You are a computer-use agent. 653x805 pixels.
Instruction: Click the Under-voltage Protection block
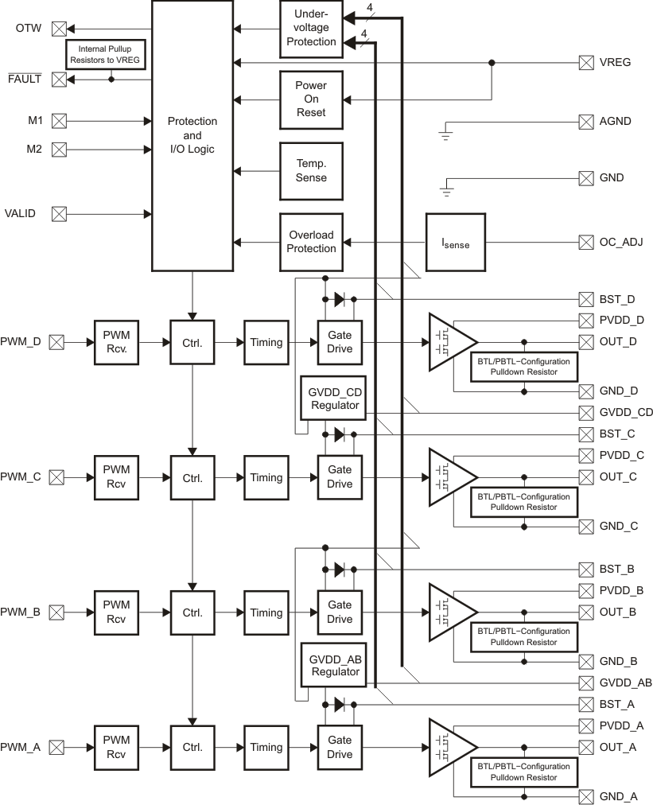(x=311, y=29)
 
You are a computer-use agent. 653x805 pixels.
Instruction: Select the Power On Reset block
(x=311, y=99)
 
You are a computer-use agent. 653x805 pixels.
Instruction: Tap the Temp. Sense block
(x=311, y=171)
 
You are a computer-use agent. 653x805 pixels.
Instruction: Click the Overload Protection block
(x=311, y=242)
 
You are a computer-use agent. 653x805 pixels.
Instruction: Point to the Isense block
(x=456, y=242)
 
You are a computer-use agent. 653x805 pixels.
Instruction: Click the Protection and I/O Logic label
(x=192, y=135)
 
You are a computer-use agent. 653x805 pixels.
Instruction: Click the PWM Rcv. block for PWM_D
(x=116, y=342)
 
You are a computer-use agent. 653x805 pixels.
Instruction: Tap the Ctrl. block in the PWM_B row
(x=192, y=613)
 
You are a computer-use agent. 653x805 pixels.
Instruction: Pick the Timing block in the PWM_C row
(x=266, y=478)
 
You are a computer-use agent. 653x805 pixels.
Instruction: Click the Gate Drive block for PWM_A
(x=340, y=748)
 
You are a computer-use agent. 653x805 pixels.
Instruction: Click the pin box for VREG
(x=586, y=62)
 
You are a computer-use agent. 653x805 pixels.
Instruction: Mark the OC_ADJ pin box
(x=586, y=242)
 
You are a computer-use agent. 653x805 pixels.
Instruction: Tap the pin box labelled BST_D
(x=586, y=300)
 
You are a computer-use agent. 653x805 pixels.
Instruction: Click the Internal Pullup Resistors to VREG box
(x=104, y=53)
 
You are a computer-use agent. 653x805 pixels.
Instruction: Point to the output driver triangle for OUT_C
(x=449, y=477)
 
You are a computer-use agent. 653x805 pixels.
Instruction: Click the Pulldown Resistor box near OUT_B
(x=524, y=636)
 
